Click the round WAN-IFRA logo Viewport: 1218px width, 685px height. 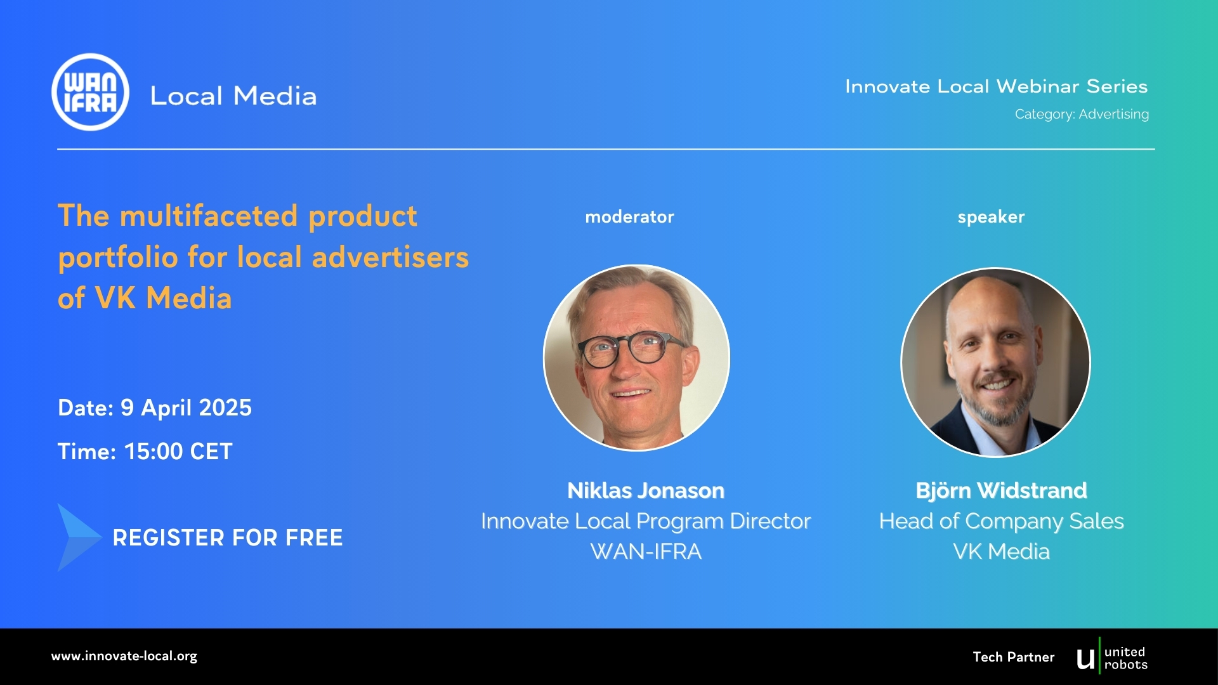click(90, 92)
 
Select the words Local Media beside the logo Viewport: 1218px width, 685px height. click(233, 96)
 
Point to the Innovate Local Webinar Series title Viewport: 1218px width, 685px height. click(996, 86)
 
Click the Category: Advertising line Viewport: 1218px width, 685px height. click(1082, 114)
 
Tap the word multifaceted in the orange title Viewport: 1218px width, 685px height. click(209, 216)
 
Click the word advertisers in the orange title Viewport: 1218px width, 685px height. click(390, 257)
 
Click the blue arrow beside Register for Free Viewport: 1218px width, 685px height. click(79, 537)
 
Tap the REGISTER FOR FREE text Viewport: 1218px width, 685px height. click(228, 538)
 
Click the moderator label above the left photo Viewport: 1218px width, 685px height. click(629, 217)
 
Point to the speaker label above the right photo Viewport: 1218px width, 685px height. click(991, 217)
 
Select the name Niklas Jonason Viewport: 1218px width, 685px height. click(646, 490)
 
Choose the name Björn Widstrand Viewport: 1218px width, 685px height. click(1001, 490)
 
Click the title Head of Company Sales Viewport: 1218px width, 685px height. click(1001, 521)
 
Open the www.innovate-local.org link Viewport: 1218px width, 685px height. click(124, 656)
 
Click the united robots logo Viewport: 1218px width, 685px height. click(1112, 658)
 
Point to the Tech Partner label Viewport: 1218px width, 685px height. click(1014, 657)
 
